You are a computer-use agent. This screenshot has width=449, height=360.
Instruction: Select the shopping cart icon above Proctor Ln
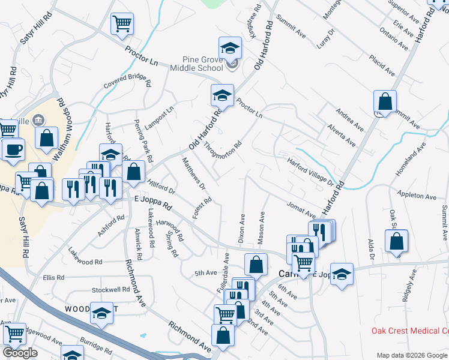click(122, 24)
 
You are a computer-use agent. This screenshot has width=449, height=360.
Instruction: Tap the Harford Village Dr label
click(310, 170)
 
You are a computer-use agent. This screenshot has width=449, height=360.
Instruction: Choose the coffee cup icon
click(13, 149)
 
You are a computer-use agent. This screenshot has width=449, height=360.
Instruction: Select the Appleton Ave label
click(417, 196)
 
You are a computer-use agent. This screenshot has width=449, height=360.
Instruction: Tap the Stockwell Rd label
click(110, 290)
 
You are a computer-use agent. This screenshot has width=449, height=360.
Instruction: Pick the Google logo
click(20, 353)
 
